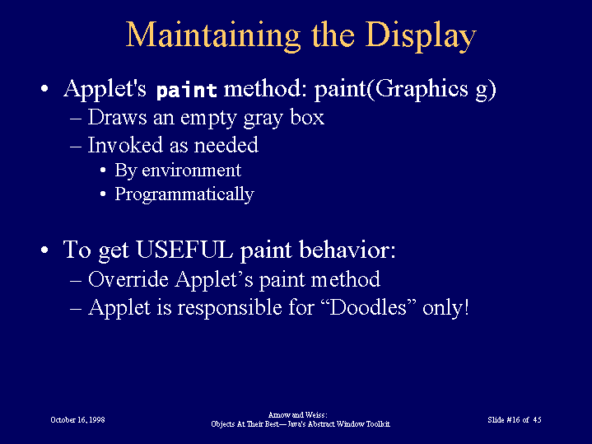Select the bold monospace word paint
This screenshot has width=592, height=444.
(x=187, y=90)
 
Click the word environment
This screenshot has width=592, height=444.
(x=191, y=171)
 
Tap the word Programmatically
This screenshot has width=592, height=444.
(x=184, y=195)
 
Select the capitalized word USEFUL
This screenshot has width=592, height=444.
(x=184, y=250)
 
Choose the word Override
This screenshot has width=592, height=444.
(x=128, y=279)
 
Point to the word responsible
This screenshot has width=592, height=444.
(x=230, y=307)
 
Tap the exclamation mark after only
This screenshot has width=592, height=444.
(x=467, y=306)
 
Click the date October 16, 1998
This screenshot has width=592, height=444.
(x=77, y=420)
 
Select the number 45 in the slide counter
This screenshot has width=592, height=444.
(x=537, y=420)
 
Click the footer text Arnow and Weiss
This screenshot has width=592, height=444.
(x=297, y=415)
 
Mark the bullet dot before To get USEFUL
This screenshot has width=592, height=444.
(x=44, y=250)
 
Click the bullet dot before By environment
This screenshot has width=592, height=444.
(x=103, y=171)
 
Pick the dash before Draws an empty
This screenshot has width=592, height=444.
(x=76, y=119)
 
